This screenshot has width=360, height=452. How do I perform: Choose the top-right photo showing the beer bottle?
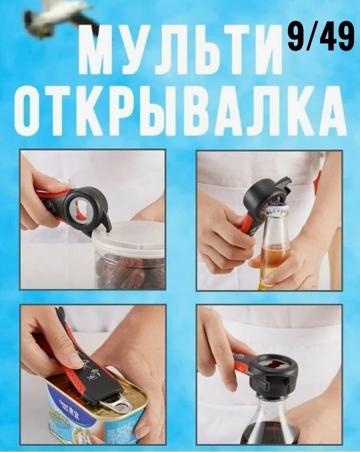269,220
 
